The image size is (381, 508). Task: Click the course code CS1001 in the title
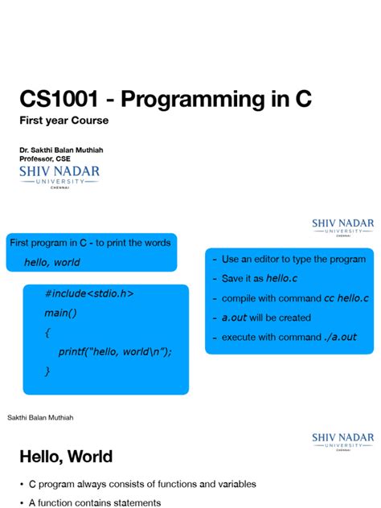59,99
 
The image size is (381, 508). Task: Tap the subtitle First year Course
63,121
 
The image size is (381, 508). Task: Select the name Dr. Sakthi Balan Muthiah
61,150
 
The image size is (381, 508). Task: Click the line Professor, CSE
45,159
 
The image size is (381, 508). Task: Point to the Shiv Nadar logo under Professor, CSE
59,177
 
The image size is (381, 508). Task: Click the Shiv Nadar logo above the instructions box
342,227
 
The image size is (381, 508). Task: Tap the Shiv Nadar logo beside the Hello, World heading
342,441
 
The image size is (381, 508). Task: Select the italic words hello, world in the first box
51,262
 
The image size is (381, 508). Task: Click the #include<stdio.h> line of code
89,293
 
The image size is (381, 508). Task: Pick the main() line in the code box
60,313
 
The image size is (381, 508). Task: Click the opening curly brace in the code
47,333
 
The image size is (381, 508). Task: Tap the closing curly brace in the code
47,371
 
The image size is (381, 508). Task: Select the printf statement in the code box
115,351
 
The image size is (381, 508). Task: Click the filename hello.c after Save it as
281,278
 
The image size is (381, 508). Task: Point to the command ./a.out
340,337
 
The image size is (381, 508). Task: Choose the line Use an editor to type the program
293,259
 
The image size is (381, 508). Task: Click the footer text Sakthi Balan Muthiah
40,418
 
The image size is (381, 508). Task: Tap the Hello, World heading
66,457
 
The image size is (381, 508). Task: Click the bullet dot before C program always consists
22,485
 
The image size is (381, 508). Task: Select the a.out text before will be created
234,317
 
